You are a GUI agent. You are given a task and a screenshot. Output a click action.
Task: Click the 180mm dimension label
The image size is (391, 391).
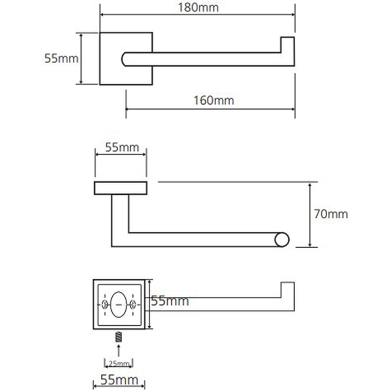[x=198, y=7]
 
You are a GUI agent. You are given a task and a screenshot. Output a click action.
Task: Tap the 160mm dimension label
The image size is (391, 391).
[x=214, y=101]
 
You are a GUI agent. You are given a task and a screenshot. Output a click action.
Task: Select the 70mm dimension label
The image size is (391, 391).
[x=331, y=214]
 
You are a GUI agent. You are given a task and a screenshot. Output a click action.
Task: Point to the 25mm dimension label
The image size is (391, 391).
[x=119, y=364]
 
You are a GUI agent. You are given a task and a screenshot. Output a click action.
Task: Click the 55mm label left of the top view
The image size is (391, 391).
[x=62, y=58]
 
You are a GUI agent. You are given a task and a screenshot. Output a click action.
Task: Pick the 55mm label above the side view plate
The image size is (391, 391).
[x=122, y=147]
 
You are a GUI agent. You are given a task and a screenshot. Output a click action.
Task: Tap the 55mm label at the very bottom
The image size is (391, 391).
[x=119, y=380]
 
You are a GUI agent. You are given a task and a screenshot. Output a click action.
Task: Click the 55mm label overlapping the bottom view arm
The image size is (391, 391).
[x=170, y=301]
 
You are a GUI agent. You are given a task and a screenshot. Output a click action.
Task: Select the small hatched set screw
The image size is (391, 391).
[x=119, y=337]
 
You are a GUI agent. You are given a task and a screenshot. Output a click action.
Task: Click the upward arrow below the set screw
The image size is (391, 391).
[x=119, y=350]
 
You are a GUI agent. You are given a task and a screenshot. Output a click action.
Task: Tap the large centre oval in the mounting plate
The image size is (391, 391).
[x=118, y=304]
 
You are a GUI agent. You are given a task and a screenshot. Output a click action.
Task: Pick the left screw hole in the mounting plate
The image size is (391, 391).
[x=105, y=304]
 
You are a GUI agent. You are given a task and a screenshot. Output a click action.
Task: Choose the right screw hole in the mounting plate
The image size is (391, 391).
[x=132, y=304]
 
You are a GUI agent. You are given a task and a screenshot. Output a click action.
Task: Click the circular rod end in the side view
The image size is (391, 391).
[x=282, y=239]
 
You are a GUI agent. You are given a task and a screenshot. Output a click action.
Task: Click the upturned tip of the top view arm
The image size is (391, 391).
[x=287, y=44]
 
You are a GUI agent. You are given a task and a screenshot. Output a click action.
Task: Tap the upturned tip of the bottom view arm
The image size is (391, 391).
[x=287, y=289]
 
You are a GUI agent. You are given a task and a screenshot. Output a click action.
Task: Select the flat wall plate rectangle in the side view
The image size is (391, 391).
[x=121, y=188]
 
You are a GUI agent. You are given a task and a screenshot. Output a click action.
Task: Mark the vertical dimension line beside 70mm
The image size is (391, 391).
[x=310, y=215]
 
